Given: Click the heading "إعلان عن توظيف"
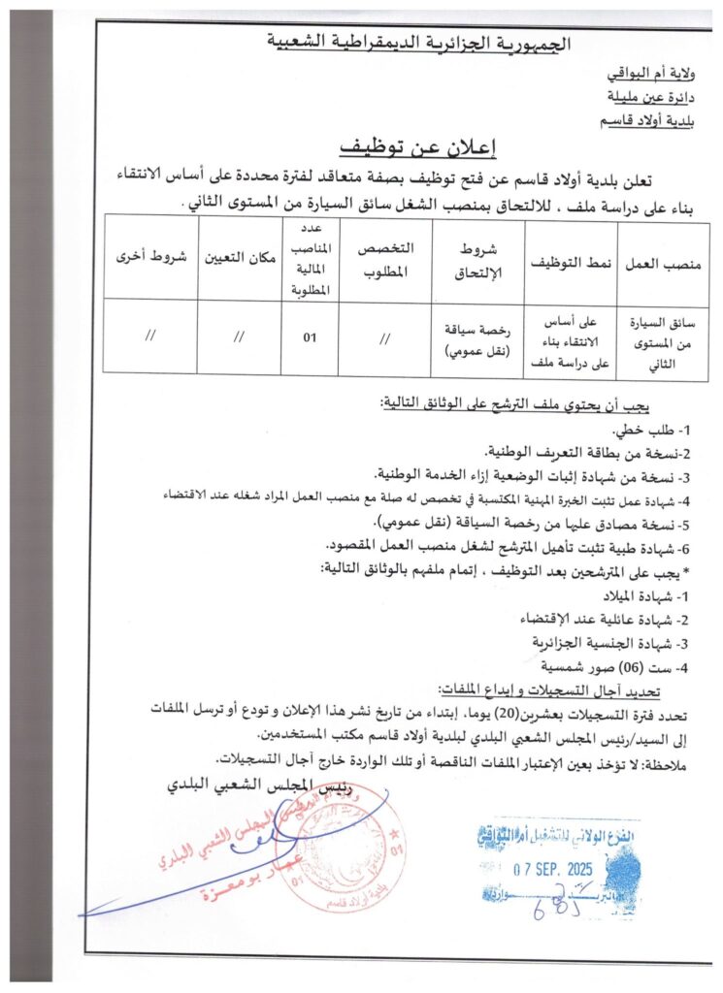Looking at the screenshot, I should click(416, 147).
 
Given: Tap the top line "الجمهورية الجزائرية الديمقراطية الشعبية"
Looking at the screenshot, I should click(419, 43).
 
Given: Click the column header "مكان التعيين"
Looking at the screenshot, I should click(240, 260).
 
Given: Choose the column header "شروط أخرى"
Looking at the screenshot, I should click(150, 260).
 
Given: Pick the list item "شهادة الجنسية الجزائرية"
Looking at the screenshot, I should click(618, 642).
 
